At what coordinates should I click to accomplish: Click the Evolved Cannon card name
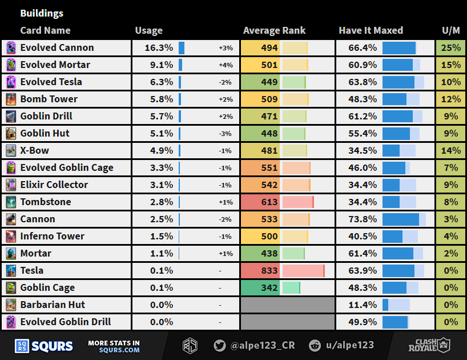(x=57, y=48)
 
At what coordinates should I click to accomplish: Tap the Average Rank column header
(x=274, y=31)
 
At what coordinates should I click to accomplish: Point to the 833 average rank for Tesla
(x=269, y=271)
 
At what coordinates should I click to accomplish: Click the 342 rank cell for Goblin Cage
(x=269, y=288)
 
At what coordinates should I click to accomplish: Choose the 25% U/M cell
(x=450, y=48)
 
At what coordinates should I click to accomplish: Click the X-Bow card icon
(x=11, y=151)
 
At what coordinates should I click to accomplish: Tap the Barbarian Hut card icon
(x=11, y=305)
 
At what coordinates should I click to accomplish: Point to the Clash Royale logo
(x=429, y=345)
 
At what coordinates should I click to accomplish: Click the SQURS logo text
(x=52, y=346)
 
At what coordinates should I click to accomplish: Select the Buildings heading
(x=42, y=13)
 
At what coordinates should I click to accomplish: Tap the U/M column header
(x=450, y=31)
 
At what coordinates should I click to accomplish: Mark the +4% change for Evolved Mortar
(x=226, y=65)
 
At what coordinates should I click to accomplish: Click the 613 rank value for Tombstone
(x=269, y=202)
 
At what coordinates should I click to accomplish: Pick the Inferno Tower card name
(x=52, y=237)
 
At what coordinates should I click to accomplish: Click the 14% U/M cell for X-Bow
(x=450, y=151)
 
